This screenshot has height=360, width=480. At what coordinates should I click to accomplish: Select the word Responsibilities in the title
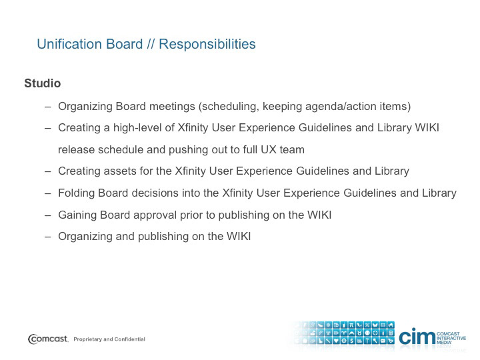(207, 44)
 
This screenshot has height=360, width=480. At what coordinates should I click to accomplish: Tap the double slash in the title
(151, 44)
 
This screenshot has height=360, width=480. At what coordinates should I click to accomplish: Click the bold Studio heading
(43, 83)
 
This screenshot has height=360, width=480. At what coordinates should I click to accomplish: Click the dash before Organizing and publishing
(47, 237)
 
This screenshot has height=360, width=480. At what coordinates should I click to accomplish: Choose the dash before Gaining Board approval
(47, 215)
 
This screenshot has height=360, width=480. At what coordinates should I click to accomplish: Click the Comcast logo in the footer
(48, 339)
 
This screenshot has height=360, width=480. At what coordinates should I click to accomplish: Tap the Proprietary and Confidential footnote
(109, 339)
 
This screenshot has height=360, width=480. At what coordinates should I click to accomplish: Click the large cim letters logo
(417, 337)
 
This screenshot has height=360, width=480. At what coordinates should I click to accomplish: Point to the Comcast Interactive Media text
(451, 338)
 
